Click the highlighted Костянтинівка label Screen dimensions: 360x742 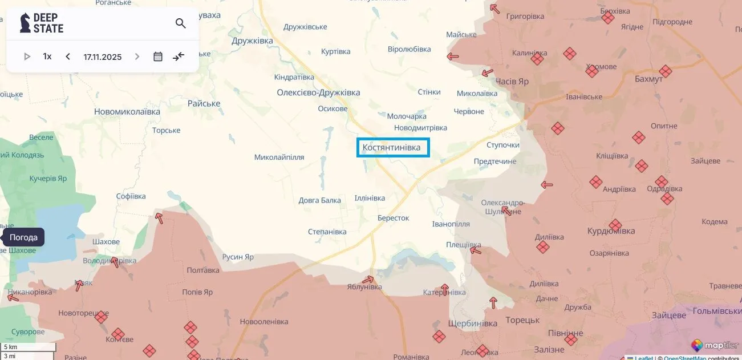pos(393,148)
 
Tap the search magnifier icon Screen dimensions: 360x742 pos(181,23)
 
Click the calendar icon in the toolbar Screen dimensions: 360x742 pos(158,56)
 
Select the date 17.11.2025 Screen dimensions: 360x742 pos(103,56)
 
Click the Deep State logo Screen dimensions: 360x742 pos(42,23)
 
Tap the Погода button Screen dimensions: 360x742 pos(23,237)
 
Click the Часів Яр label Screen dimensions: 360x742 pos(512,81)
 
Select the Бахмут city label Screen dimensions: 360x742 pos(648,79)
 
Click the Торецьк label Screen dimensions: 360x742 pos(522,320)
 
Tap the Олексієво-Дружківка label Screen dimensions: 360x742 pos(318,92)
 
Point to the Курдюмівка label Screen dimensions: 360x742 pos(611,231)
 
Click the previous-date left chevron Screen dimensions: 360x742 pos(68,56)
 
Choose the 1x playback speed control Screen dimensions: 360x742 pos(47,56)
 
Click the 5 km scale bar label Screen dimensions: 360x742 pos(11,347)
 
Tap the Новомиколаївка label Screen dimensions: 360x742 pos(127,112)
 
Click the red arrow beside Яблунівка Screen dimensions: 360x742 pos(368,280)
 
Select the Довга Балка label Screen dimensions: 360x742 pos(320,200)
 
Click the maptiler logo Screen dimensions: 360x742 pos(714,346)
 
